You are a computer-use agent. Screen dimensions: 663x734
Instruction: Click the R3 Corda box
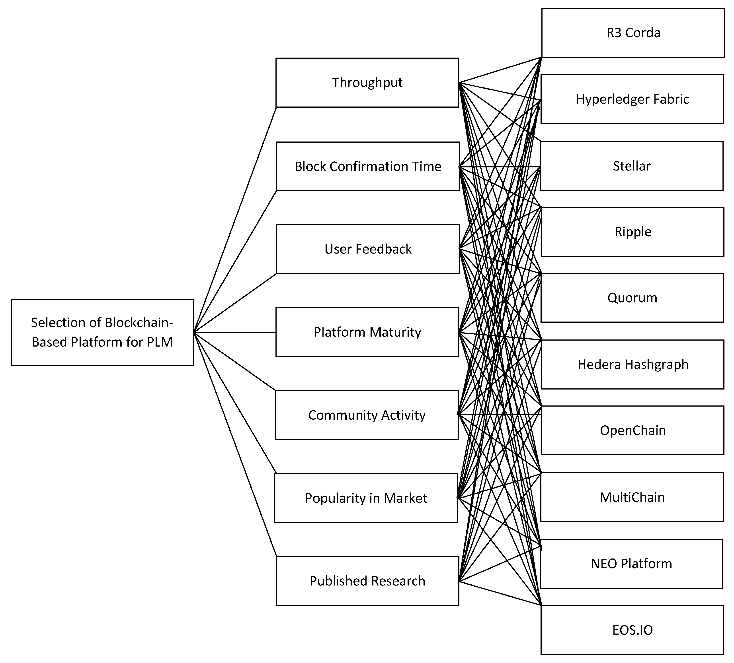point(633,33)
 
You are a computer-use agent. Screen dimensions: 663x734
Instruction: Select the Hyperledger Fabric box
point(632,99)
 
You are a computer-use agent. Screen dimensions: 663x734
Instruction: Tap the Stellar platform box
point(631,166)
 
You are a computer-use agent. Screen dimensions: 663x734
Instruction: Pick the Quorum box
point(632,298)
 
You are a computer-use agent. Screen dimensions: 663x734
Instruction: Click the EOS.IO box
point(632,630)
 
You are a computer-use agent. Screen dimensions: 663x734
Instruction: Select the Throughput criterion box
point(367,83)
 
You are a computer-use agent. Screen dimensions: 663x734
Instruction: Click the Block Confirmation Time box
point(368,166)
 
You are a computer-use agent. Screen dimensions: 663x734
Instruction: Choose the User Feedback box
point(368,249)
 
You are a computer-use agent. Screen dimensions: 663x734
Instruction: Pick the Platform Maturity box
point(367,332)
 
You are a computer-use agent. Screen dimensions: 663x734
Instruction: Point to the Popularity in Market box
point(366,498)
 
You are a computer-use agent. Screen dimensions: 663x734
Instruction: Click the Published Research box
point(367,581)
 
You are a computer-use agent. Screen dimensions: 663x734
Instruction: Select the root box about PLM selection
point(102,332)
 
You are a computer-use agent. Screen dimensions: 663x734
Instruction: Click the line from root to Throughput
point(235,220)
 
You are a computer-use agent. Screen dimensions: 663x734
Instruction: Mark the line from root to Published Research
point(235,444)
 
